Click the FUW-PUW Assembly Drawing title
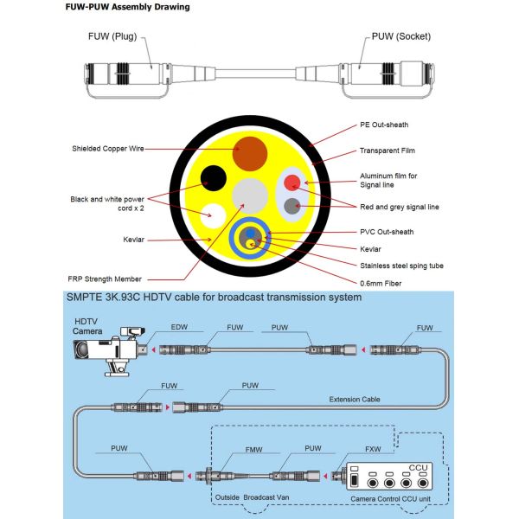tap(128, 8)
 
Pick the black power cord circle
tap(215, 177)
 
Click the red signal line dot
tap(293, 183)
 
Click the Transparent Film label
tap(388, 151)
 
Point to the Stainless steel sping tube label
tap(400, 266)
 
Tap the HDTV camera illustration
tap(105, 351)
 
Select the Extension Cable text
tap(354, 400)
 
